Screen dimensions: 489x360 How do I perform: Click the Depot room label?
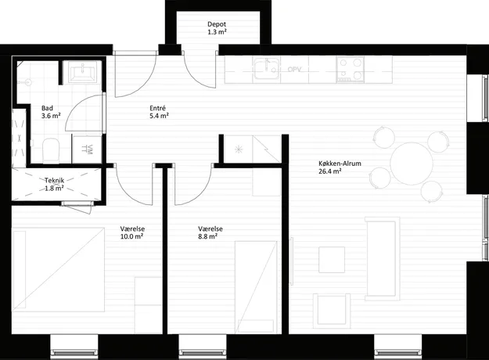pos(217,24)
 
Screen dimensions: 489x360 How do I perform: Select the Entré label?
pos(157,108)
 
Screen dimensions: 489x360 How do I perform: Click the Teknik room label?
pos(54,180)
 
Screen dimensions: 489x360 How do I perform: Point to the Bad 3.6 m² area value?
pos(51,116)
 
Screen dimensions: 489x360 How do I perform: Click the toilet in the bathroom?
pos(51,150)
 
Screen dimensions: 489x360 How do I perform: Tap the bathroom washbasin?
pos(82,72)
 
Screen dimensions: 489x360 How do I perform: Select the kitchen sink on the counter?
pos(266,69)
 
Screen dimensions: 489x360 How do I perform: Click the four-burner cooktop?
pos(350,69)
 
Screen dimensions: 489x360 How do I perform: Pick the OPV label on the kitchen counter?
pos(294,69)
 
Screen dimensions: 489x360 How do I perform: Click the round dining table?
pos(412,163)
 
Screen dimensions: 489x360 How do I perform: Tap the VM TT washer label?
pos(88,149)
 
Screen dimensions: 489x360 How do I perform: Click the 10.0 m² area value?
pos(131,236)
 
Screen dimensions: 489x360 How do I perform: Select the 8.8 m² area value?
pos(207,236)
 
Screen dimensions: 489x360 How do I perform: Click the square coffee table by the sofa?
pos(332,260)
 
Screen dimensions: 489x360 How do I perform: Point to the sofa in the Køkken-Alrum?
pos(383,258)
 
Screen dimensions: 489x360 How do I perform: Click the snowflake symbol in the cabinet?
pos(239,149)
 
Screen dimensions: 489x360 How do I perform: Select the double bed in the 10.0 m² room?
pos(58,269)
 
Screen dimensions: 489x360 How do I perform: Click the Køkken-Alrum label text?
pos(340,163)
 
